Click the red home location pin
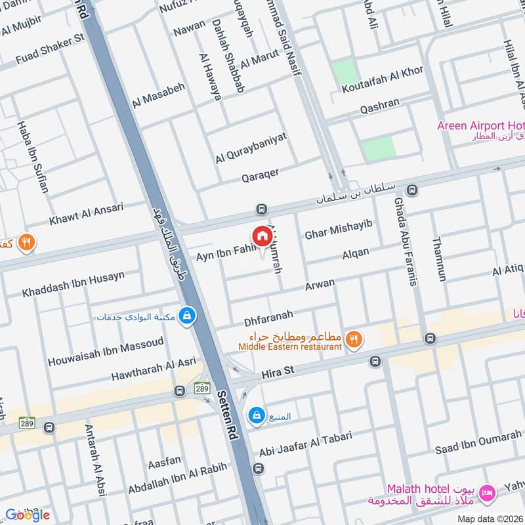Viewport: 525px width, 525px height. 261,237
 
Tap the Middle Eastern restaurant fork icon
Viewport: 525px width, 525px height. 354,339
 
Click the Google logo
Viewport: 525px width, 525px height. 28,514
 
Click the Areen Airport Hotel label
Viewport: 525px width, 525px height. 480,125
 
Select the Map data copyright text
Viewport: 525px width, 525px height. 490,518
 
